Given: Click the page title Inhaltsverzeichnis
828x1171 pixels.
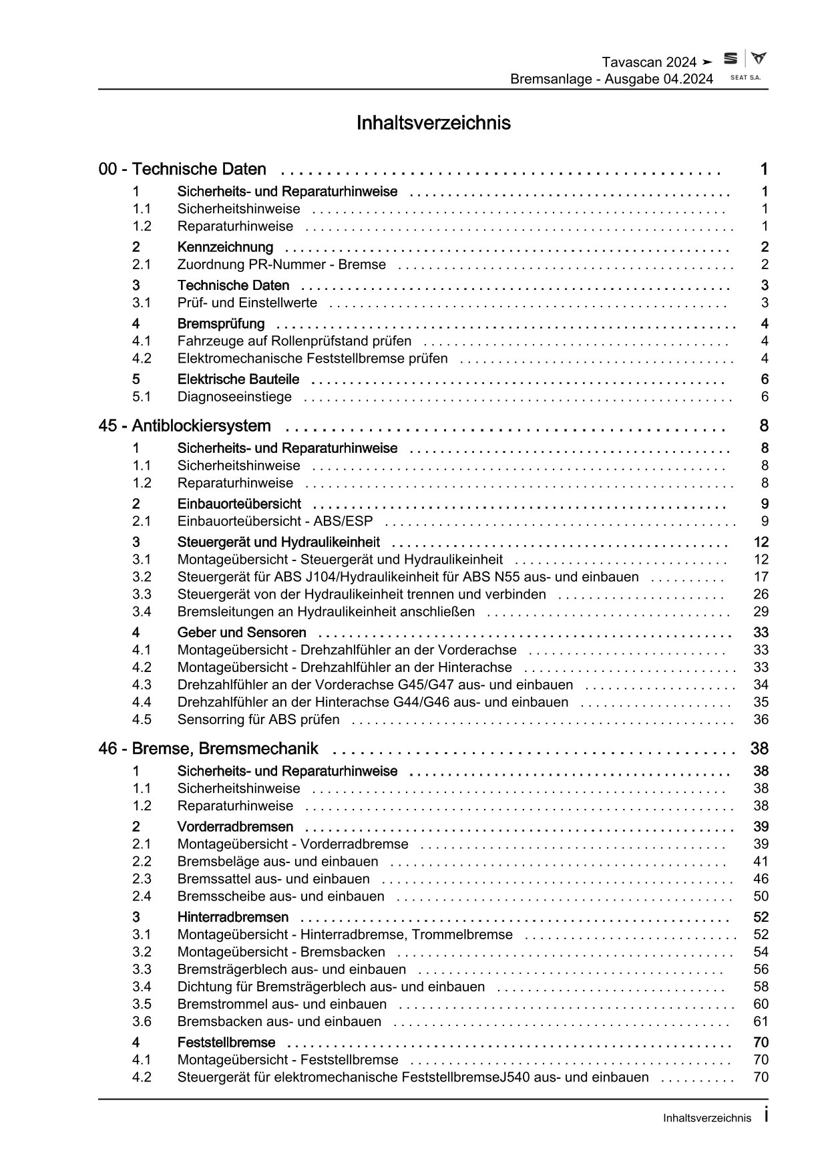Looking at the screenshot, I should pyautogui.click(x=433, y=123).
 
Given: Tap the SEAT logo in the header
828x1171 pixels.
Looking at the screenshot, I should pyautogui.click(x=731, y=59).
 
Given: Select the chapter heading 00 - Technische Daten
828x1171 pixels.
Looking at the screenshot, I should pyautogui.click(x=182, y=169).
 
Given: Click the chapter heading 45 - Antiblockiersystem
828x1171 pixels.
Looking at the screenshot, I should pyautogui.click(x=184, y=426).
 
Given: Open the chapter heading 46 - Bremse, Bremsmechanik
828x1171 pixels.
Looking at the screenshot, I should pyautogui.click(x=208, y=748).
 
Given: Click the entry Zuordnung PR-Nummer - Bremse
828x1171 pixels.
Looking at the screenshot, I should pyautogui.click(x=281, y=265).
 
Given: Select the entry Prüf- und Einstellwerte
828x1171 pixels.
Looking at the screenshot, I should pyautogui.click(x=247, y=303).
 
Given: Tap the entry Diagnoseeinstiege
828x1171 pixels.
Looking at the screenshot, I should pyautogui.click(x=234, y=397).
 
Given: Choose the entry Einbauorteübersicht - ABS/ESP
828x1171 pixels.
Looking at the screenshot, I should pyautogui.click(x=275, y=521).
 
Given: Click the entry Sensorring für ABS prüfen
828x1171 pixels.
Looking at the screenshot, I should pyautogui.click(x=258, y=719).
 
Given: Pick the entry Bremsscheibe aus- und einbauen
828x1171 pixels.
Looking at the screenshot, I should pyautogui.click(x=280, y=896).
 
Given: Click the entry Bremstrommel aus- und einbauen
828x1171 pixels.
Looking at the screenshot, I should pyautogui.click(x=282, y=1004).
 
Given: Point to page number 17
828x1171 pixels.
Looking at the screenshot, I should pyautogui.click(x=761, y=576).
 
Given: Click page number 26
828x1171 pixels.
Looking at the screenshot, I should pyautogui.click(x=761, y=594).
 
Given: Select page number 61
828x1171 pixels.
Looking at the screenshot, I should pyautogui.click(x=761, y=1021).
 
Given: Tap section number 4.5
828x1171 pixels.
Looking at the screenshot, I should pyautogui.click(x=142, y=719).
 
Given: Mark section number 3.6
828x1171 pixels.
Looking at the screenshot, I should pyautogui.click(x=142, y=1021).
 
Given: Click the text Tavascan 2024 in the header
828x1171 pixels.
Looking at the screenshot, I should pyautogui.click(x=650, y=62).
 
